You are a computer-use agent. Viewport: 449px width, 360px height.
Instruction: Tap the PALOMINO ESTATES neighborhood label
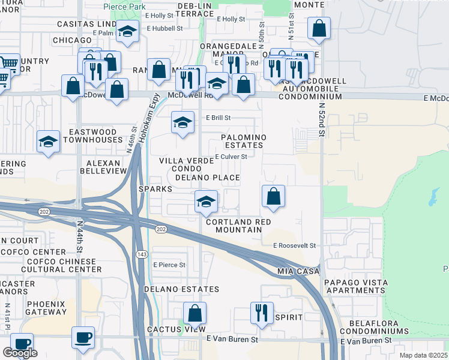point(243,141)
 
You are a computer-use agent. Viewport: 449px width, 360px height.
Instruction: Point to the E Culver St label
point(231,157)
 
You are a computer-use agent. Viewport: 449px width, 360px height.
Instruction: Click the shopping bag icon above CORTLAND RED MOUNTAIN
point(273,196)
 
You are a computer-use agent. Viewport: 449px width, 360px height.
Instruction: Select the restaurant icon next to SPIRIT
point(262,313)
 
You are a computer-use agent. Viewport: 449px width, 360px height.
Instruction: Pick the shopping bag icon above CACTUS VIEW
point(194,313)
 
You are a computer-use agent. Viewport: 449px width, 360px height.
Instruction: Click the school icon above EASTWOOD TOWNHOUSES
point(48,142)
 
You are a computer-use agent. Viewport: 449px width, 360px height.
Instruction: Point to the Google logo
point(20,353)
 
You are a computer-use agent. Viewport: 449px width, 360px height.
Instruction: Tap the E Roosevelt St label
point(294,245)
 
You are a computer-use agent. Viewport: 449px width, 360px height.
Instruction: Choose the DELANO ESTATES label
point(182,289)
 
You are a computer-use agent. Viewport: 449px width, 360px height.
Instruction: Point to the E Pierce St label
point(169,265)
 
